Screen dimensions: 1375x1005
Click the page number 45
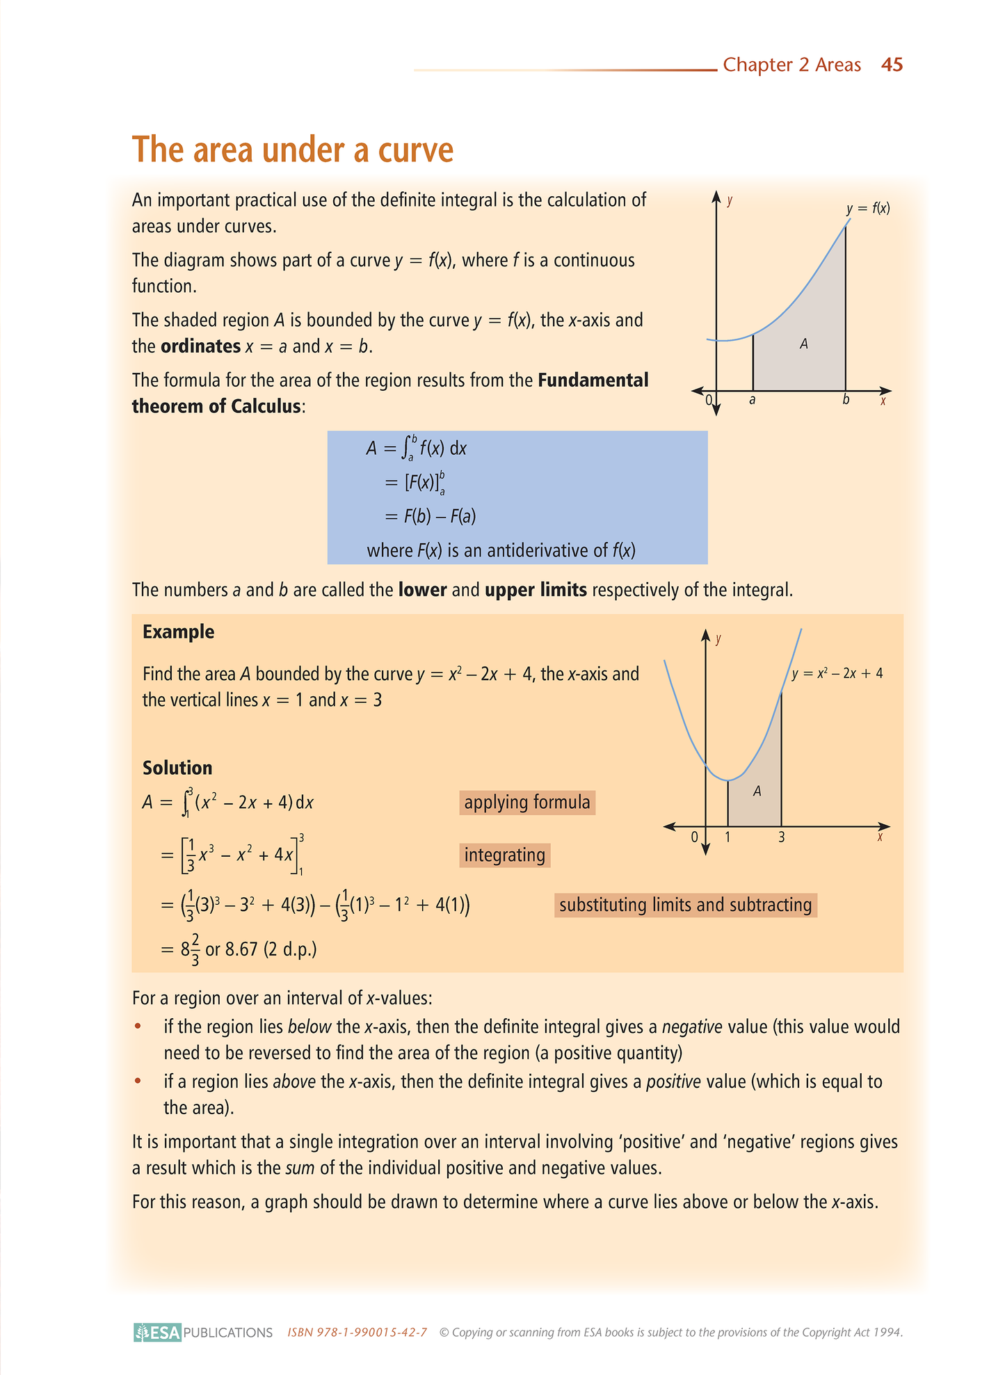892,65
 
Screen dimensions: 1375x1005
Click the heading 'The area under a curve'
293,150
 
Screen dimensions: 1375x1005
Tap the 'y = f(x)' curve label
868,208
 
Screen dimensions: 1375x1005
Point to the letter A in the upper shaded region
803,344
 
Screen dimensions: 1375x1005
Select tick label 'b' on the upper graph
846,400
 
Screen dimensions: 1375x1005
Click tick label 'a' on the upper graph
753,400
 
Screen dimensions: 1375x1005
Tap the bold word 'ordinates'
200,346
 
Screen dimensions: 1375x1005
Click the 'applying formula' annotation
527,803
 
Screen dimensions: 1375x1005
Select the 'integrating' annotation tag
505,855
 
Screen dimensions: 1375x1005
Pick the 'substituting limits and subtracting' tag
685,905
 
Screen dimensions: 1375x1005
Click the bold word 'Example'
179,632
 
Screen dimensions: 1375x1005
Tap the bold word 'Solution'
177,768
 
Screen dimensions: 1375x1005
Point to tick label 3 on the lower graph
782,837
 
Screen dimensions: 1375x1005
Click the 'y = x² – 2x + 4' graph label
837,673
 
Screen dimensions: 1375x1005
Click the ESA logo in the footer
158,1332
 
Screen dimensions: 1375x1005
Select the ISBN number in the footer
357,1333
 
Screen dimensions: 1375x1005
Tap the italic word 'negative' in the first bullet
692,1027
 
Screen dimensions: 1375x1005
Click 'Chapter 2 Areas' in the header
791,65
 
